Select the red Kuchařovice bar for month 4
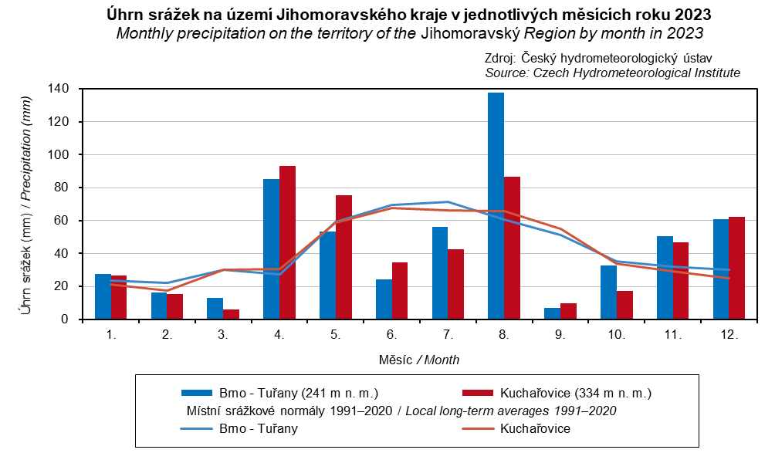click(x=287, y=242)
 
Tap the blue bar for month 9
click(x=552, y=313)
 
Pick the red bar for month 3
click(x=231, y=314)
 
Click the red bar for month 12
click(x=736, y=268)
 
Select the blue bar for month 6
click(x=384, y=299)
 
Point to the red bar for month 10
click(x=624, y=305)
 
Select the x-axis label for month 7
click(x=447, y=336)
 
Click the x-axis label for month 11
click(x=672, y=336)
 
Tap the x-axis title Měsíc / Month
click(x=420, y=360)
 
